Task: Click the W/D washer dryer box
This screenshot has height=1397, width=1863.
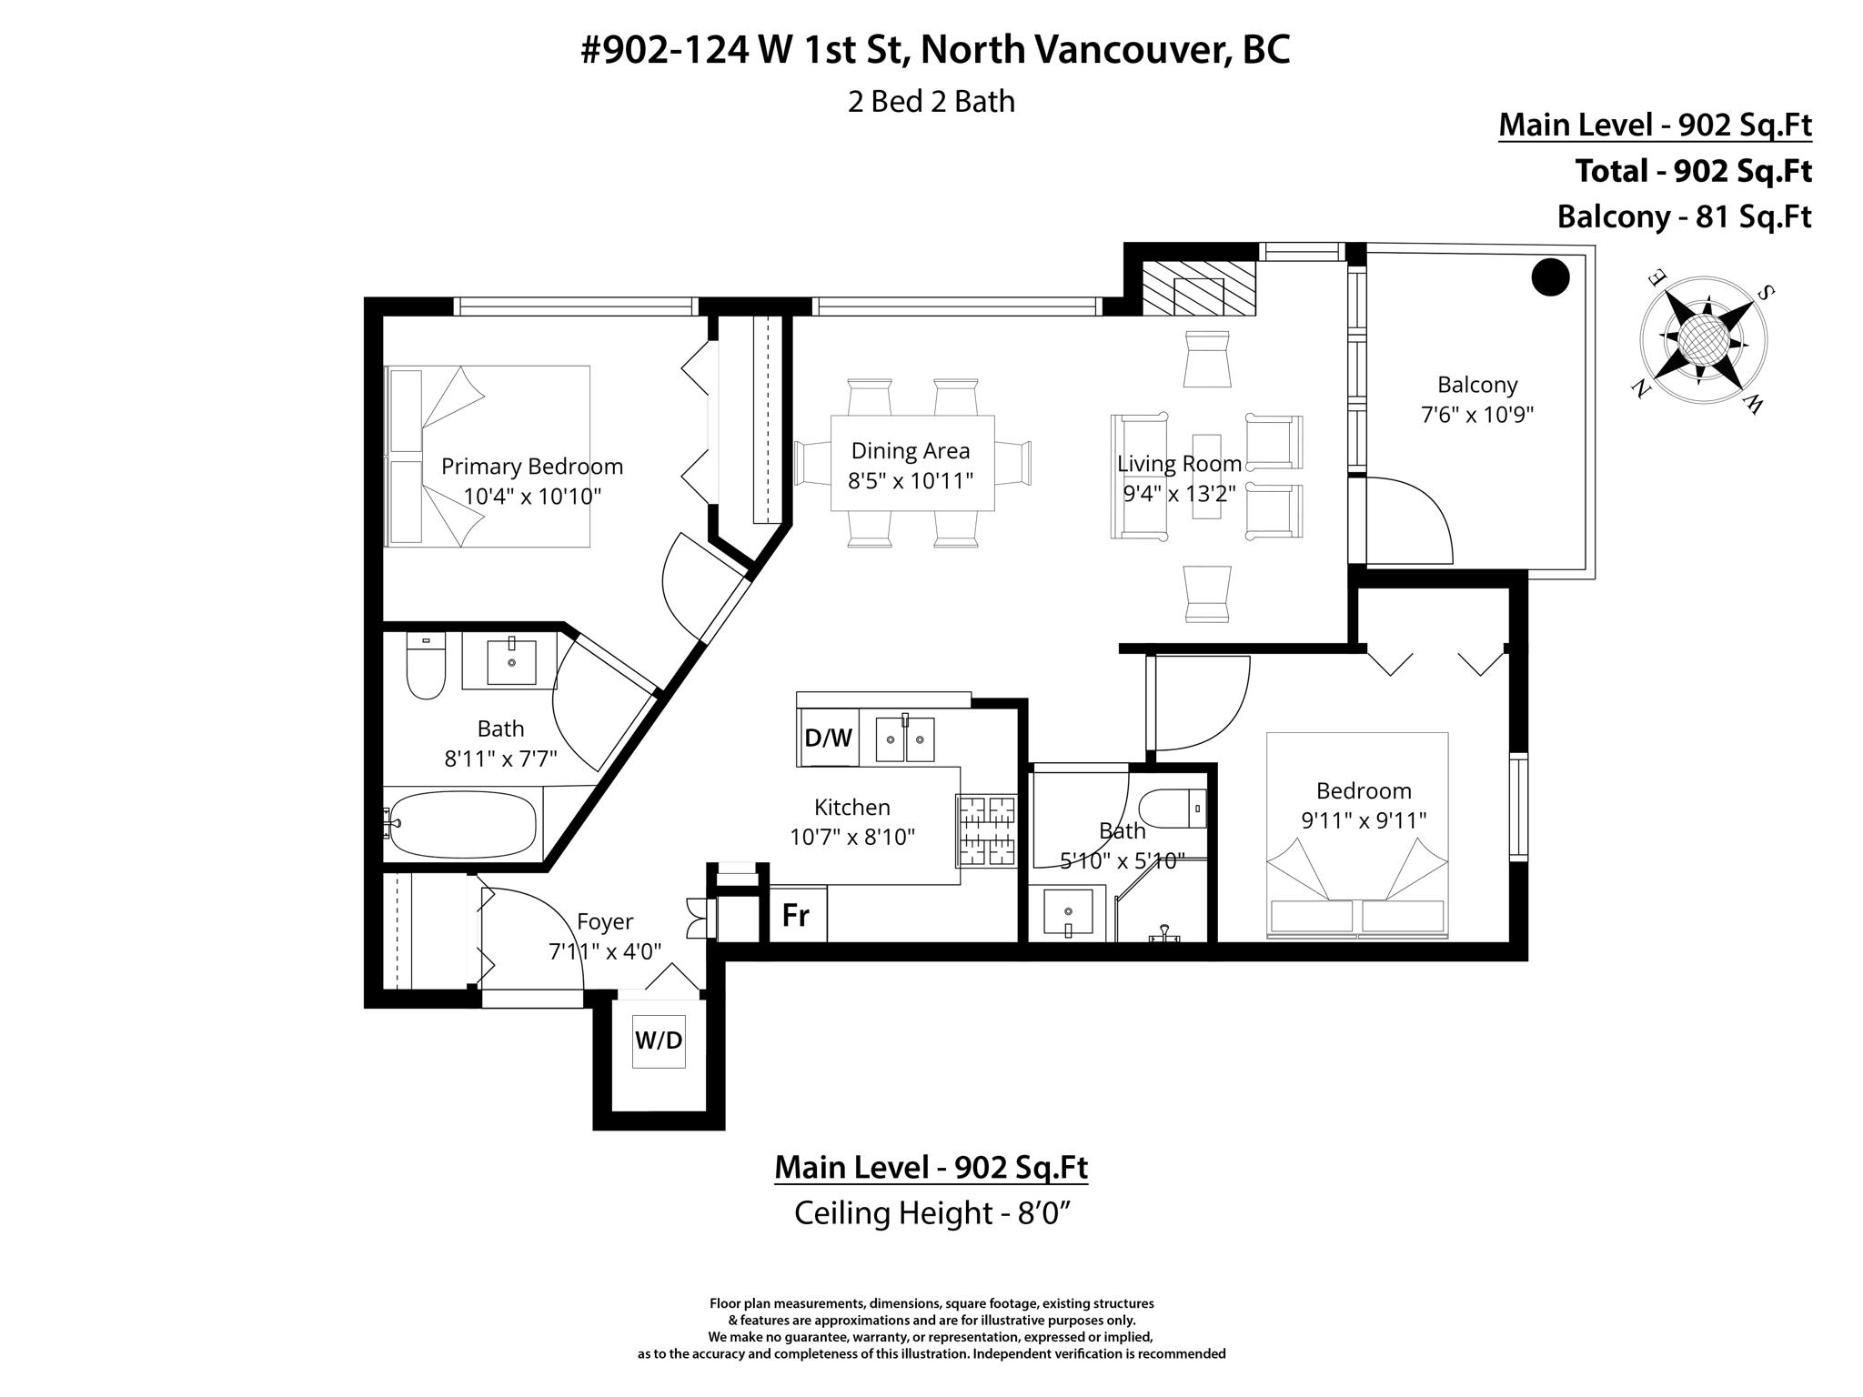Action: (x=659, y=1040)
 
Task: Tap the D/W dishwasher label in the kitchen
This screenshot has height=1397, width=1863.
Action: (x=828, y=738)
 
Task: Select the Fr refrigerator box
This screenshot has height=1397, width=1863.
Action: (x=797, y=914)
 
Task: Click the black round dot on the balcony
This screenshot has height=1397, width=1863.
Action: (x=1550, y=277)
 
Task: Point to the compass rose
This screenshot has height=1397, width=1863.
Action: (x=1703, y=341)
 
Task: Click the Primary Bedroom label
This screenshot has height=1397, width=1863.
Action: (x=532, y=467)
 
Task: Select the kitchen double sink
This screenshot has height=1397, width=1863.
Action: (x=905, y=738)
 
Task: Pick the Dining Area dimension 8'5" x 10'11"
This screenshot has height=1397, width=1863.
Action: (x=911, y=480)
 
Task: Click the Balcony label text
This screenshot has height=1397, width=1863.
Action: (x=1477, y=385)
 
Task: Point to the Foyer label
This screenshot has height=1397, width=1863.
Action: (x=605, y=921)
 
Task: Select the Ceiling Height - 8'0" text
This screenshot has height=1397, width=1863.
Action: (x=929, y=1212)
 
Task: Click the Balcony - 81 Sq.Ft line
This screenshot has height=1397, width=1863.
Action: (x=1685, y=216)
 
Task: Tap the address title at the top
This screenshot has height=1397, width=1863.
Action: (x=935, y=50)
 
